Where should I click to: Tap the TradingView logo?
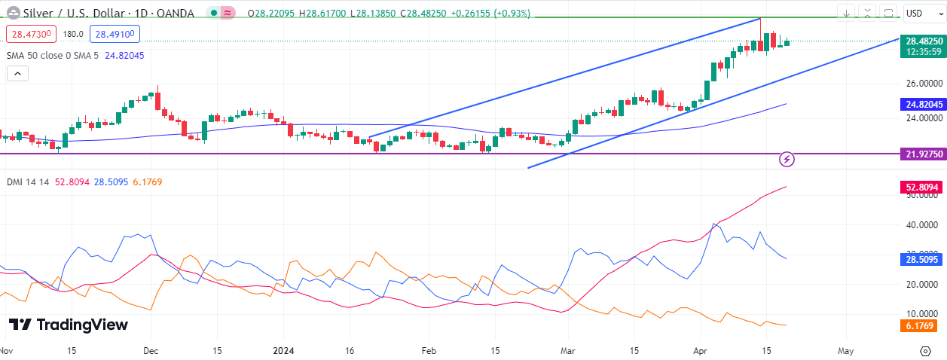point(69,325)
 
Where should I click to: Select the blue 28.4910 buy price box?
point(113,34)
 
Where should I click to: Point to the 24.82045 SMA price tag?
point(922,104)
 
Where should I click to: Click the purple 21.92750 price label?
point(922,154)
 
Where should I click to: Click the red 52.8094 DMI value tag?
point(922,187)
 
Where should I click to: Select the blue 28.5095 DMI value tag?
point(922,259)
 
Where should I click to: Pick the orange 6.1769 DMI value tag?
point(922,326)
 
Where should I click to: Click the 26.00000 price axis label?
point(924,83)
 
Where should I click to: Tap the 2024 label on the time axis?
point(283,351)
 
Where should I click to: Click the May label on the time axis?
point(845,351)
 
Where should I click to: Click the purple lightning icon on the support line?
point(787,159)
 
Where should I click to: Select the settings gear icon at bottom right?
point(925,351)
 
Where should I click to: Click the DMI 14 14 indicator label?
point(28,182)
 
